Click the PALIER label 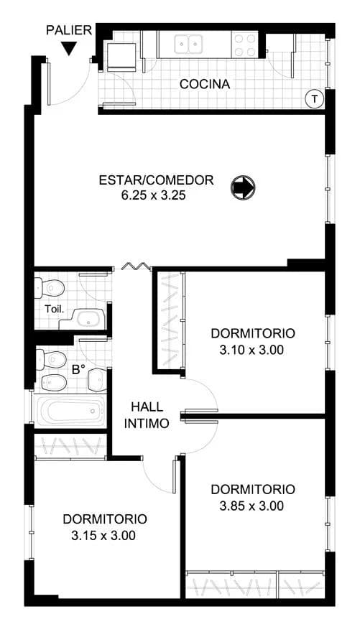68,30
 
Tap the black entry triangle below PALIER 68,49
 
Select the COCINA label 205,85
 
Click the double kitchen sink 190,45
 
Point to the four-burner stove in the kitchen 244,45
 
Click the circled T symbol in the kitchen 314,98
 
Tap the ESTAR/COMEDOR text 156,180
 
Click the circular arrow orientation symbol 242,188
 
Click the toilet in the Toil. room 52,288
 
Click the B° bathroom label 78,370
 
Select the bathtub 70,413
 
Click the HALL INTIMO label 147,415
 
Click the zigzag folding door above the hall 134,267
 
